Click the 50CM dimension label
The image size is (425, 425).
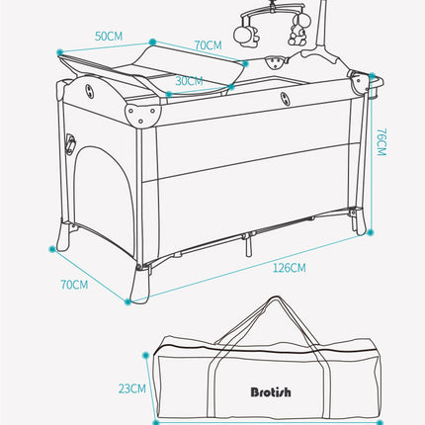pos(110,36)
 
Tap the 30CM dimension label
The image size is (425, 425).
pos(191,81)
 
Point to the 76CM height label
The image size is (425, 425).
pos(381,145)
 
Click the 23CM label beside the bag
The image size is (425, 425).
pos(132,387)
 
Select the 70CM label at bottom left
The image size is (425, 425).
pos(74,286)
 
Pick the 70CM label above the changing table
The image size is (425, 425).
pos(208,45)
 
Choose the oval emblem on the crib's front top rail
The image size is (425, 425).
pos(284,100)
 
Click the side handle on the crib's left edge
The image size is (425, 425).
pos(70,144)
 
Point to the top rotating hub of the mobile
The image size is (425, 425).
pos(269,13)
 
